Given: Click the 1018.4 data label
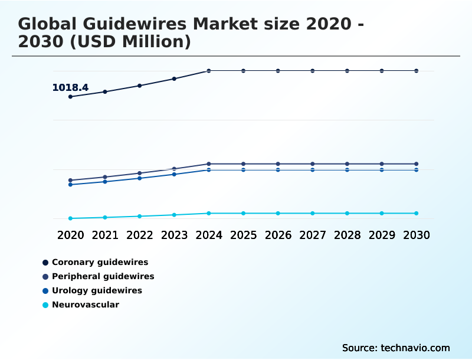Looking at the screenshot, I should click(x=70, y=88).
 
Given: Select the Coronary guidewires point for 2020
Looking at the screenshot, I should click(x=70, y=97).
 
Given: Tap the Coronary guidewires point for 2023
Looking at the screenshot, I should click(x=174, y=78).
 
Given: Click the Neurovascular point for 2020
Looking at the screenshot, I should click(x=70, y=218).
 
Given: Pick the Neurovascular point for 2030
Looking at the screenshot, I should click(x=416, y=213).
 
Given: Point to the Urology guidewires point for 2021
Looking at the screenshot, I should click(x=105, y=182).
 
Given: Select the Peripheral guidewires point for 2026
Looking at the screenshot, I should click(x=278, y=163).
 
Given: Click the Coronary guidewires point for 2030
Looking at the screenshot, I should click(x=416, y=71).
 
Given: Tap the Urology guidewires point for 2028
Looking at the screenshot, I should click(x=347, y=170).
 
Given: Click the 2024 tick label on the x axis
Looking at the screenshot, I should click(x=209, y=235).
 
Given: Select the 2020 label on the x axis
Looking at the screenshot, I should click(x=70, y=235).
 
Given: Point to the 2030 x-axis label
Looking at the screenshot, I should click(x=416, y=235).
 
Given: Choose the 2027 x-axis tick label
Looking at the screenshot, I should click(x=313, y=235).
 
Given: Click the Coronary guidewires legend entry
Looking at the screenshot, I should click(x=100, y=262).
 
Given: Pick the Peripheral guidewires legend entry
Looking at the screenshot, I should click(x=103, y=276).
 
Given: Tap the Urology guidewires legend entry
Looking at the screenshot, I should click(x=97, y=290).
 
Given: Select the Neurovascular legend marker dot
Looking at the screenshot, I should click(x=45, y=305).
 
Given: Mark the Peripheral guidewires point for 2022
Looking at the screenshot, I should click(x=140, y=174).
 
